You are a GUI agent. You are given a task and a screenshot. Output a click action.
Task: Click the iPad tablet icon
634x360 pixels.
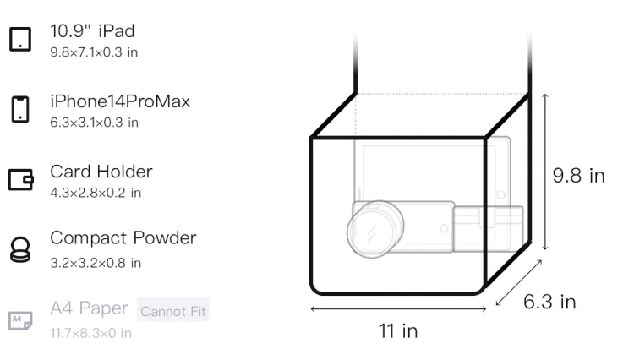[x=20, y=39]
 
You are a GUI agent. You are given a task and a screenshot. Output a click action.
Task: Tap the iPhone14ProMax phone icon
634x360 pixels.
[x=20, y=109]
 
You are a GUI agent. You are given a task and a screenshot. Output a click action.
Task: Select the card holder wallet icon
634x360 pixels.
[x=20, y=179]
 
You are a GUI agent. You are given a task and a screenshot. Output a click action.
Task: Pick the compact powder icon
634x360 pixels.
[x=20, y=249]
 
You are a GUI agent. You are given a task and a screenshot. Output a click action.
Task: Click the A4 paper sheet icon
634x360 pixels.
[x=20, y=320]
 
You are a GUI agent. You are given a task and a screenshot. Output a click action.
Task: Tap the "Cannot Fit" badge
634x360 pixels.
[x=173, y=311]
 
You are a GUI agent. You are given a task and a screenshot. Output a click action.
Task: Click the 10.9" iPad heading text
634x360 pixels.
[x=92, y=31]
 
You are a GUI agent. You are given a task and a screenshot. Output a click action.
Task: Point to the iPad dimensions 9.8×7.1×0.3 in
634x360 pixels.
[x=94, y=52]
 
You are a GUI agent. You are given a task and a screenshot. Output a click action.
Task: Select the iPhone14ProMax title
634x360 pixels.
[x=120, y=101]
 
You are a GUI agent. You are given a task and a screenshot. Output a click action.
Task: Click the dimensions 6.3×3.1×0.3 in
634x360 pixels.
[x=94, y=123]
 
